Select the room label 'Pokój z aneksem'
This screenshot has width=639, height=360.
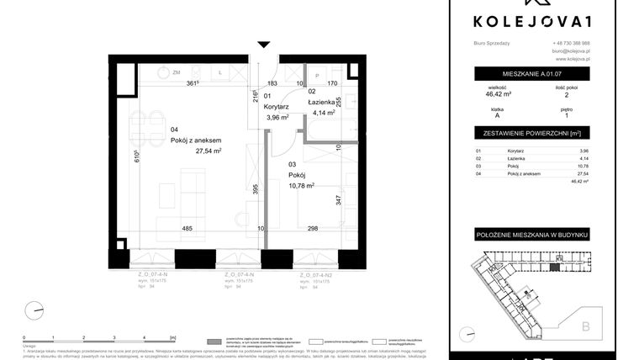195,140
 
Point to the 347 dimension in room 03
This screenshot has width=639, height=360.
337,200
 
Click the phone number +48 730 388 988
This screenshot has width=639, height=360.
572,44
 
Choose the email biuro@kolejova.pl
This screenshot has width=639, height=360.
572,51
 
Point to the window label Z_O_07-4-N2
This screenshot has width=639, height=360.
318,274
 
